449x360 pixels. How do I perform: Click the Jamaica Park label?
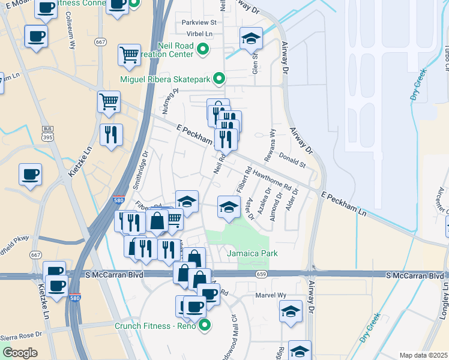click(x=252, y=253)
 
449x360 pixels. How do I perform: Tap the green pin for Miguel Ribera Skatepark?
click(x=220, y=79)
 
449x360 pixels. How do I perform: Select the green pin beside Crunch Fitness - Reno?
click(x=205, y=326)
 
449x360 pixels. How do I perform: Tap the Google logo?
click(x=20, y=352)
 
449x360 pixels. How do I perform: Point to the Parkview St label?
click(x=199, y=23)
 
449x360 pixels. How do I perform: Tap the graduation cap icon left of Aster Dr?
click(x=228, y=207)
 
